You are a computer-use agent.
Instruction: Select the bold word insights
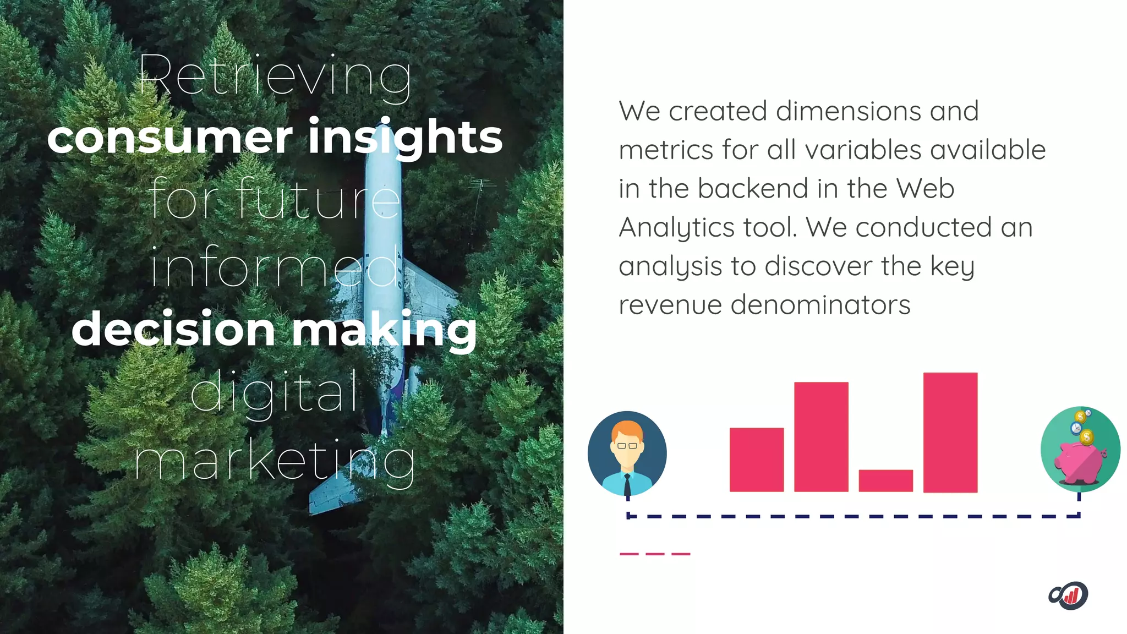click(405, 138)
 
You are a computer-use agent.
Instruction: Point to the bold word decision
click(173, 329)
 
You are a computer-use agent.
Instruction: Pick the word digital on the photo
click(274, 392)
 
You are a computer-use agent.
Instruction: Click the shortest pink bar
click(885, 480)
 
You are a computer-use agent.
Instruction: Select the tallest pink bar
click(950, 432)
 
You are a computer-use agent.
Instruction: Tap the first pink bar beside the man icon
click(756, 460)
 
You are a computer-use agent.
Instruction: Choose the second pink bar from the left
click(820, 436)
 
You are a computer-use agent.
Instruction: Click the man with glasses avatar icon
click(627, 453)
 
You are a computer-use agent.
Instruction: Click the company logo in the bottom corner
click(1068, 595)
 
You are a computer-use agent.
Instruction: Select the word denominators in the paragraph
click(820, 305)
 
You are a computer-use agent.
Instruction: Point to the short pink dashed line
click(654, 554)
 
